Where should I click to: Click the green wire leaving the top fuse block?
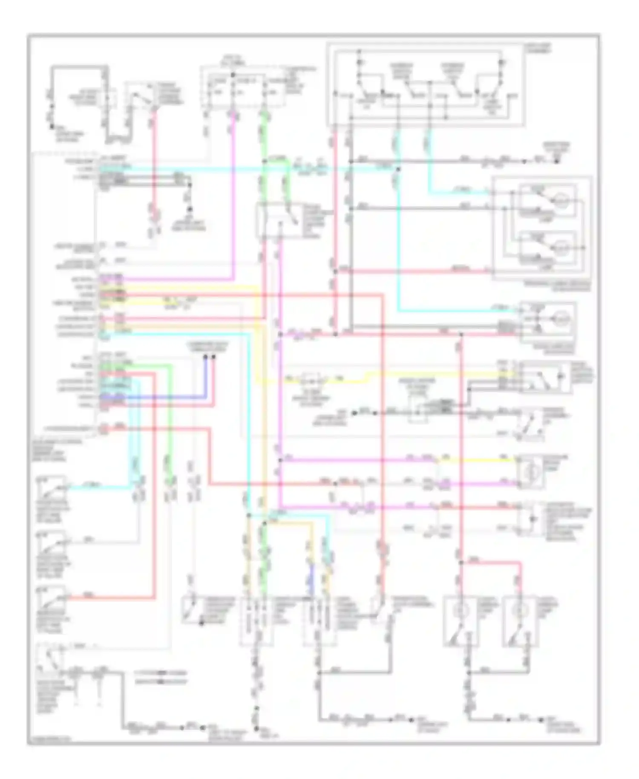coord(264,136)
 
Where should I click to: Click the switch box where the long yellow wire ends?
coord(545,377)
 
